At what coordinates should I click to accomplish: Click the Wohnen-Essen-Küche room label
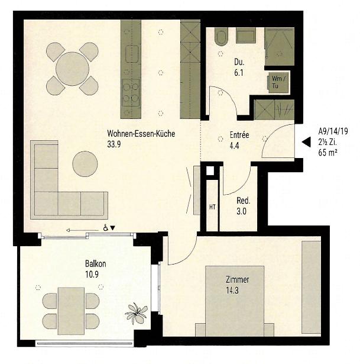[x=141, y=134]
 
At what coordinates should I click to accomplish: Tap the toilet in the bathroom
[x=221, y=36]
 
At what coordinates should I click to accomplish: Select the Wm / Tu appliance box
[x=277, y=82]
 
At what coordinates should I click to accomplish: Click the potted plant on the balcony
[x=137, y=313]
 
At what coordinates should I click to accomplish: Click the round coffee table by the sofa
[x=85, y=164]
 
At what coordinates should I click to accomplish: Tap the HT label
[x=211, y=207]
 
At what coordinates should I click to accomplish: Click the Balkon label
[x=95, y=264]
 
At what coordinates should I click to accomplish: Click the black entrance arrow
[x=306, y=142]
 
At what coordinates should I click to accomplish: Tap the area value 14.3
[x=236, y=291]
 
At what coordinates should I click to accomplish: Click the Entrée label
[x=239, y=135]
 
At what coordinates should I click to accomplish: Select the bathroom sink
[x=245, y=36]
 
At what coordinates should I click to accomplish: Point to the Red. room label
[x=243, y=200]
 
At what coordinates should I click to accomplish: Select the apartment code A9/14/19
[x=333, y=132]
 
